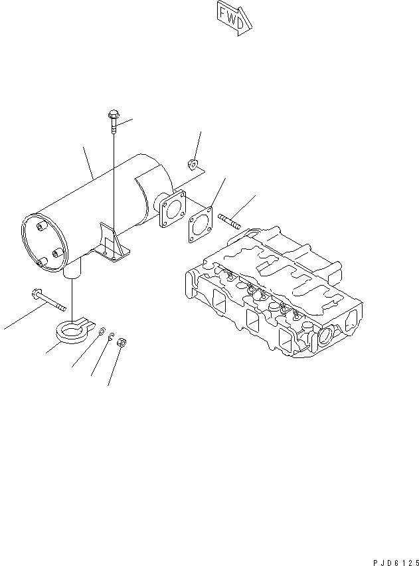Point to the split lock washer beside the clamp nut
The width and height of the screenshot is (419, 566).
click(x=111, y=335)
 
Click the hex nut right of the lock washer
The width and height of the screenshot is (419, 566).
click(x=122, y=343)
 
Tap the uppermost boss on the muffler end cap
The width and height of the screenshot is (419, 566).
click(x=41, y=228)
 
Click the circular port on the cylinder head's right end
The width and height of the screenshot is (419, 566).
click(x=327, y=337)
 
